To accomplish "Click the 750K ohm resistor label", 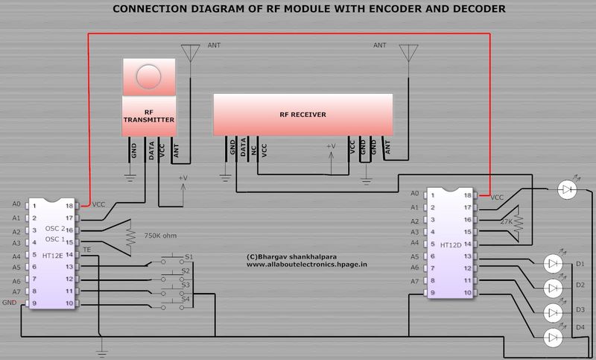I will pos(161,236).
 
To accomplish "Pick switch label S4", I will pos(186,300).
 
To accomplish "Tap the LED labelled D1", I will pos(553,263).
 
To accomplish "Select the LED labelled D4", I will pos(553,337).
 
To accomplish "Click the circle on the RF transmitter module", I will pos(150,78).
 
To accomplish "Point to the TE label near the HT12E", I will pos(87,249).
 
